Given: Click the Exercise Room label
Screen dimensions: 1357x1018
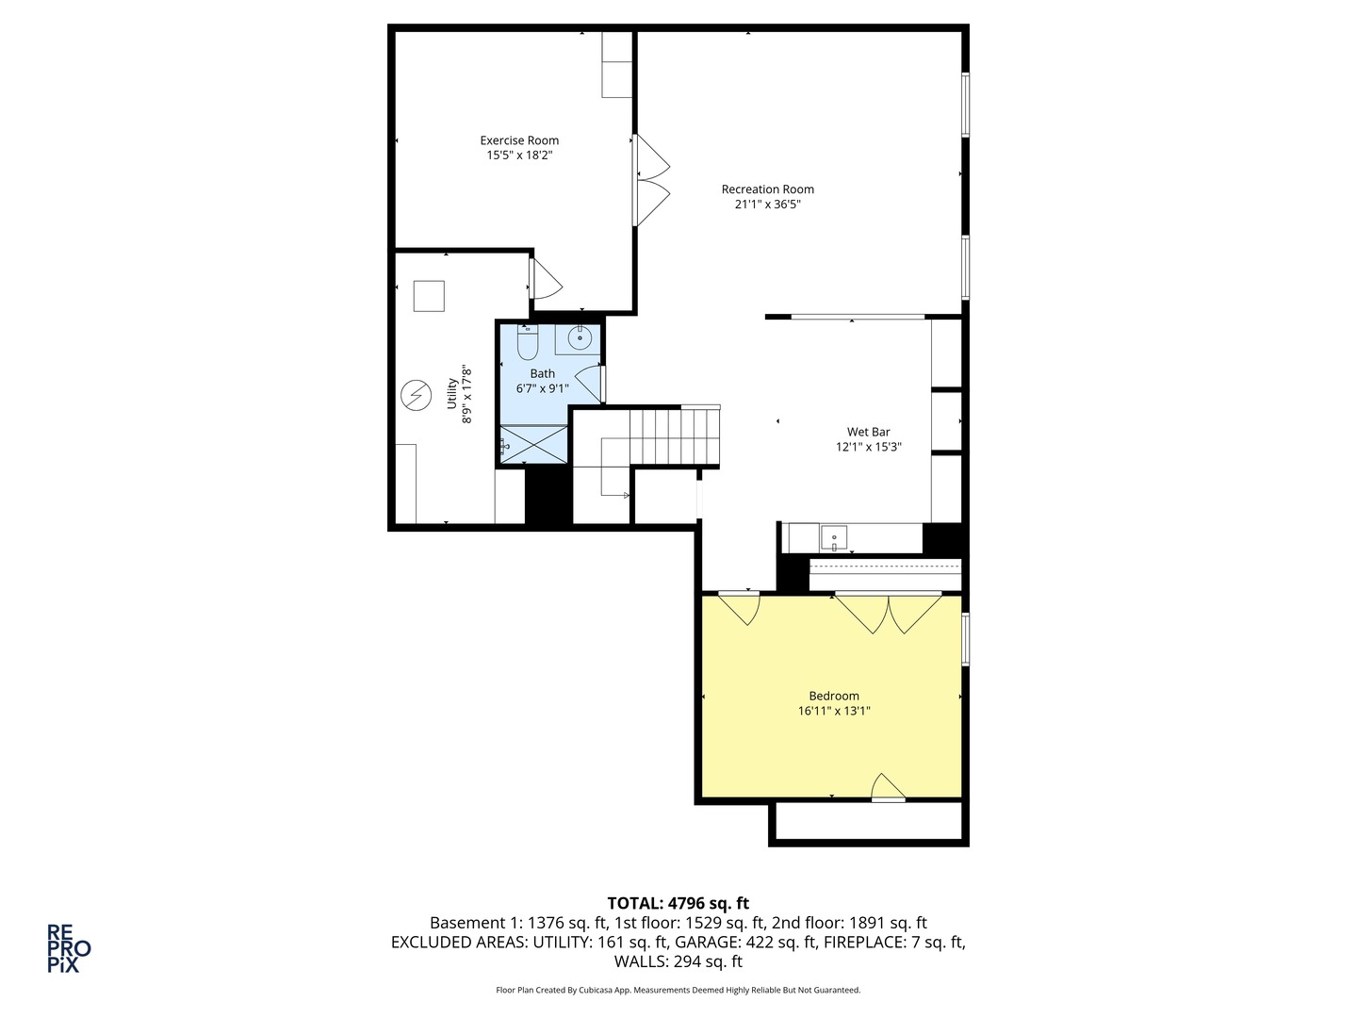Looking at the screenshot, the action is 519,140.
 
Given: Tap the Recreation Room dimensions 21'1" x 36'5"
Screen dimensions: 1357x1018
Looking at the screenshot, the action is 767,204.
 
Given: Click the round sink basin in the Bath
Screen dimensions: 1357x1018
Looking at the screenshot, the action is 580,338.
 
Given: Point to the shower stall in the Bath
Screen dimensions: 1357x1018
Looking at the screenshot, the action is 533,443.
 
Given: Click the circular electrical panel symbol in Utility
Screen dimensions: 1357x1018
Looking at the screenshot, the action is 417,395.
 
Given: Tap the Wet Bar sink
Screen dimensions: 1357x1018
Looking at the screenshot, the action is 833,537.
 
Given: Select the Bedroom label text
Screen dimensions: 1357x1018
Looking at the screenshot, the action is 834,696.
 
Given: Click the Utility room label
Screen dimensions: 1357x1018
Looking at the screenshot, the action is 452,394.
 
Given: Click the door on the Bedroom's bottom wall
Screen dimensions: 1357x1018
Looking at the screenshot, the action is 889,787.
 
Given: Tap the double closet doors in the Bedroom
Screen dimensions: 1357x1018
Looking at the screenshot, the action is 889,613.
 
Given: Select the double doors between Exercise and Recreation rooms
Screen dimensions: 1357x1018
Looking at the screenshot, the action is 651,180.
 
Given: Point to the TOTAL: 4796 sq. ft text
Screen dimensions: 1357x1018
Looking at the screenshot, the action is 678,903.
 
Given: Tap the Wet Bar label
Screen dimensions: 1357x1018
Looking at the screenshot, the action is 869,432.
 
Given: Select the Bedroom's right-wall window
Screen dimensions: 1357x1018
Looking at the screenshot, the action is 965,639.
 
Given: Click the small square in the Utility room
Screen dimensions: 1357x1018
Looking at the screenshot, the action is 429,296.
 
